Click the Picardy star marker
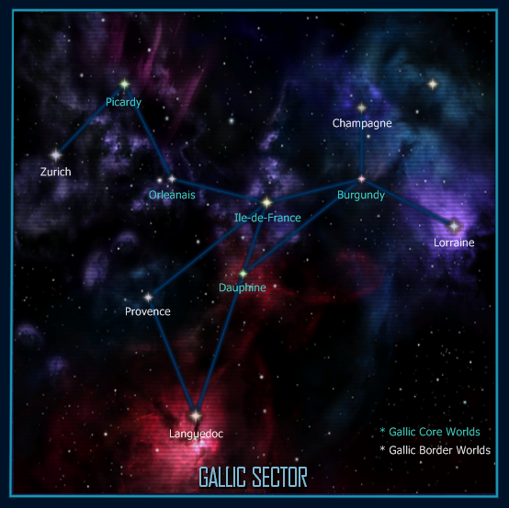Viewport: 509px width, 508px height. tap(124, 85)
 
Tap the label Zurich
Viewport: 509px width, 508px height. tap(55, 172)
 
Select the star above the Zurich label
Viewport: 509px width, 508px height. tap(56, 155)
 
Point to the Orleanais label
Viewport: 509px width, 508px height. tap(172, 195)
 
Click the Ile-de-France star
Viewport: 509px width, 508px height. tap(266, 202)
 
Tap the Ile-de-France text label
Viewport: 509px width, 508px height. tap(267, 218)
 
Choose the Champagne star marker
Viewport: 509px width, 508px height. tap(361, 108)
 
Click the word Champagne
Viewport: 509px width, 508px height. tap(362, 123)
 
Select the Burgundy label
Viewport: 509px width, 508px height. tap(361, 195)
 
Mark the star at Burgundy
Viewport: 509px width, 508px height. tap(361, 179)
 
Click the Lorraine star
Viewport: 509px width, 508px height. tap(454, 226)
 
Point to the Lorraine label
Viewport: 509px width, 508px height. tap(454, 243)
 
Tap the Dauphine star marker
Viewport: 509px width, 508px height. tap(243, 274)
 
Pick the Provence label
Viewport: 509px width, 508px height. tap(148, 311)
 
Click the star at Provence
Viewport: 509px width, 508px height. tap(148, 297)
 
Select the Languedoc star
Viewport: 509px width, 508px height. tap(196, 416)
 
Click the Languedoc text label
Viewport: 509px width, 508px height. tap(196, 434)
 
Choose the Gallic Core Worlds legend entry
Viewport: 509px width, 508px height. tap(430, 432)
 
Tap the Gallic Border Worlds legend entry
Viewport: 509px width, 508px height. tap(435, 450)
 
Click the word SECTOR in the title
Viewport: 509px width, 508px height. tap(280, 477)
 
